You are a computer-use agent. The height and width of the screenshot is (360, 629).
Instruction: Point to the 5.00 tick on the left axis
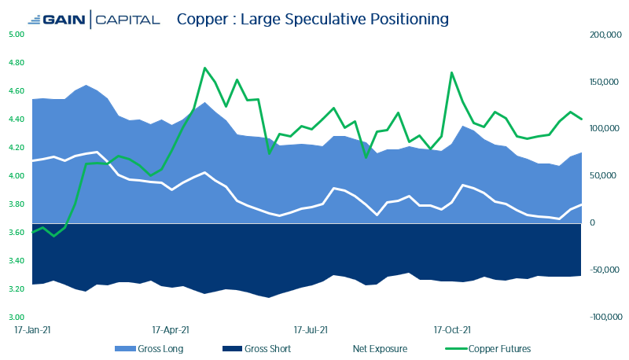[x=17, y=35]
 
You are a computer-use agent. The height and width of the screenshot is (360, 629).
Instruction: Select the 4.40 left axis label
[x=17, y=119]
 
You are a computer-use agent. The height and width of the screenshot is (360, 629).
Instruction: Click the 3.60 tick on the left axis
[x=17, y=233]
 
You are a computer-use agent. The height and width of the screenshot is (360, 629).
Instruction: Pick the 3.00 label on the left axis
[x=17, y=318]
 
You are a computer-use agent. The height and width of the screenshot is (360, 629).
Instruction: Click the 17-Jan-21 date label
[x=33, y=331]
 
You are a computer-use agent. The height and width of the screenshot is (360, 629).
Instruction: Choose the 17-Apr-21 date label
[x=171, y=331]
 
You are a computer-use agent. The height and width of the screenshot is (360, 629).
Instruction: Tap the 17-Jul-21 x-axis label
[x=311, y=331]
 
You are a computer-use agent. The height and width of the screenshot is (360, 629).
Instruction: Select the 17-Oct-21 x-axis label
[x=452, y=331]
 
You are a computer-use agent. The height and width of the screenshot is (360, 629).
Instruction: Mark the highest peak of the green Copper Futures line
[x=204, y=68]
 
